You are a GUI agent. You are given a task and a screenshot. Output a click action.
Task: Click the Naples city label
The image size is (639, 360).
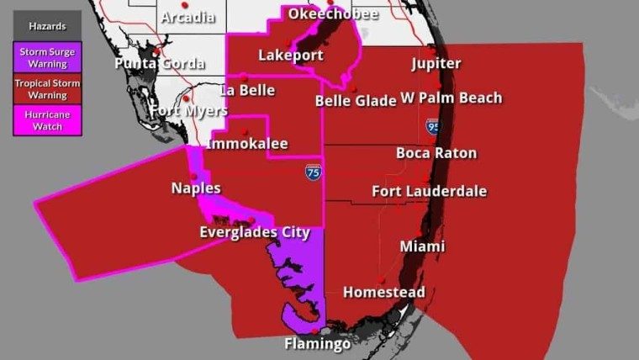pyautogui.click(x=196, y=188)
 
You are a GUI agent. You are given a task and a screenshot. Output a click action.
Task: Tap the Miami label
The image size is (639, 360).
pyautogui.click(x=422, y=246)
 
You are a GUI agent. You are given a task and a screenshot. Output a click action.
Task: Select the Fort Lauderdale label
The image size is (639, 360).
pyautogui.click(x=429, y=192)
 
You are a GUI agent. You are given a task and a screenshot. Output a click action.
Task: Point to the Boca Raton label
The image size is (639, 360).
pyautogui.click(x=436, y=153)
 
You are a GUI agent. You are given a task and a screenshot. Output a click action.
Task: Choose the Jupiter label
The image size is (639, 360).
pyautogui.click(x=436, y=64)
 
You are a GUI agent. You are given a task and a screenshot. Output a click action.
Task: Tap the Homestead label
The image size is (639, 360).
pyautogui.click(x=383, y=293)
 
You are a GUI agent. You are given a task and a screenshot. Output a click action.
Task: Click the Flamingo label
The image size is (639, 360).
pyautogui.click(x=316, y=344)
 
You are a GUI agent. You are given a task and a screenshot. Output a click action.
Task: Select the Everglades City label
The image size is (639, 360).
pyautogui.click(x=255, y=232)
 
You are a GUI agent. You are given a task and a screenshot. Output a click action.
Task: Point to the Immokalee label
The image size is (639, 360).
pyautogui.click(x=247, y=145)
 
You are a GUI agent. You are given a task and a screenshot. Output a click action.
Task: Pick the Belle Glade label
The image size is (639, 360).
pyautogui.click(x=355, y=101)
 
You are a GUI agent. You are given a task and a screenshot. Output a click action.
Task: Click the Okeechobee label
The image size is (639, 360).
pyautogui.click(x=333, y=14)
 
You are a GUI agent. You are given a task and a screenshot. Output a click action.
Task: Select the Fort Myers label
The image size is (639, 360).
pyautogui.click(x=188, y=111)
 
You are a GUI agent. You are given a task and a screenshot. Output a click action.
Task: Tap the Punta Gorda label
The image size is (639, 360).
pyautogui.click(x=160, y=64)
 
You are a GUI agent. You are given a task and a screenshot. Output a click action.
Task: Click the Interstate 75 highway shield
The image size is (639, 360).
pyautogui.click(x=313, y=172)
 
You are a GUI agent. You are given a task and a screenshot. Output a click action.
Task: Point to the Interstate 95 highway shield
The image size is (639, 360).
pyautogui.click(x=433, y=127)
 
